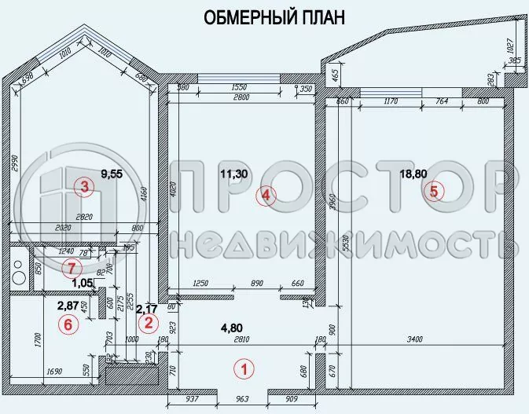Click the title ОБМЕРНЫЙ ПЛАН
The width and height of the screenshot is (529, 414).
274,18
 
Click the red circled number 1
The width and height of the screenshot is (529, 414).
244,367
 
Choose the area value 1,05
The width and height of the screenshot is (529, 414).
83,283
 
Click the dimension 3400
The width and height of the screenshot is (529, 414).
415,339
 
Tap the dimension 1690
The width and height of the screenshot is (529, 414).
53,371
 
